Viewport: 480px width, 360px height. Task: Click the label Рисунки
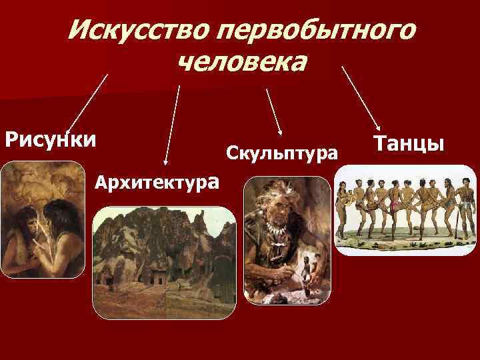click(50, 141)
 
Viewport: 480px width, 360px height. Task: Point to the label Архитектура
click(156, 181)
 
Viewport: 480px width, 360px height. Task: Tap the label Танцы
click(409, 143)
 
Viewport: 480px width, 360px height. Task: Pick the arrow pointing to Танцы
click(361, 97)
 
